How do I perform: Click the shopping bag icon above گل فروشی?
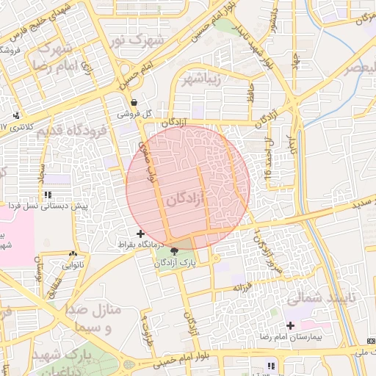(x=134, y=102)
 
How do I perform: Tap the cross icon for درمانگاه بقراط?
(x=140, y=233)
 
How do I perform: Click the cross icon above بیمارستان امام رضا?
(x=290, y=325)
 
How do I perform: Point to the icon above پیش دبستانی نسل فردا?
(x=48, y=195)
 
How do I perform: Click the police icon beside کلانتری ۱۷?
(x=16, y=115)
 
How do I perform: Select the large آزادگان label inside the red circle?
(x=185, y=199)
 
